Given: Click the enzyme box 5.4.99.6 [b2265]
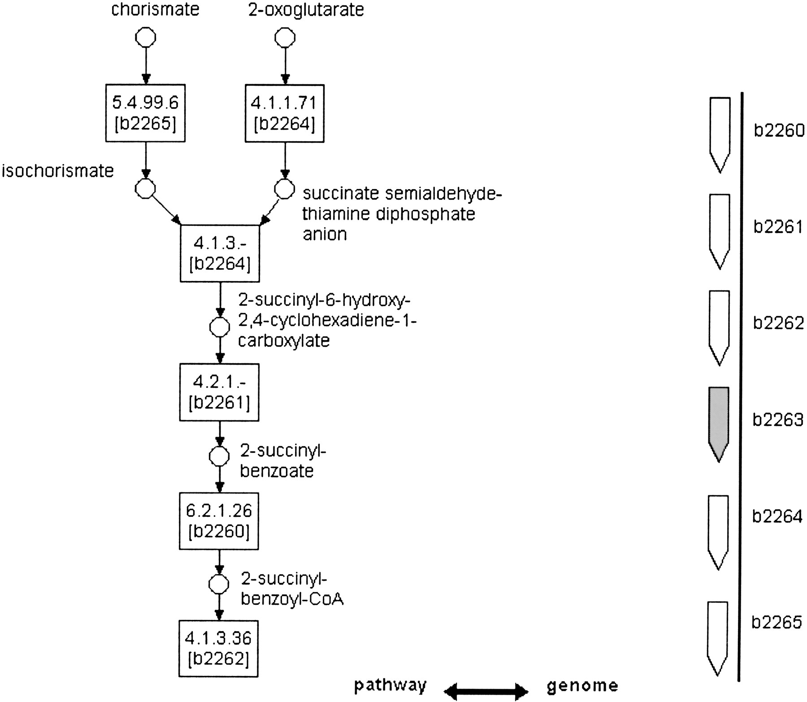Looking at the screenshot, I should click(x=145, y=113).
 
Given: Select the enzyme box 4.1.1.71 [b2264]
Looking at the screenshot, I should click(x=284, y=113).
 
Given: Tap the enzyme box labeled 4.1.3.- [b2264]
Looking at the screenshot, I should click(x=220, y=253).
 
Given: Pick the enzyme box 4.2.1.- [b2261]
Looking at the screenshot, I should click(x=219, y=392).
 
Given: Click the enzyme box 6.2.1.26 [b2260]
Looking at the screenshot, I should click(x=219, y=521).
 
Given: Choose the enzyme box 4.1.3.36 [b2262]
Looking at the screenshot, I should click(x=219, y=648).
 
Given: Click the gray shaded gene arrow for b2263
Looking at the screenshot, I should click(x=719, y=421).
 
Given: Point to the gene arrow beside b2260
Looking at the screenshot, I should click(x=720, y=132).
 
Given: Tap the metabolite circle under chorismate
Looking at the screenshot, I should click(x=146, y=37).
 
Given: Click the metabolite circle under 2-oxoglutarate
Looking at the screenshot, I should click(x=285, y=37).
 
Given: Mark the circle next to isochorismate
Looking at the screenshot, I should click(x=145, y=189).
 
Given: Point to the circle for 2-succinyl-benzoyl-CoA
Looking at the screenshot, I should click(x=219, y=584).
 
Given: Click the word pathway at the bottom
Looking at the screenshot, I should click(x=390, y=685).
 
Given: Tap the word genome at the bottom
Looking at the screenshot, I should click(x=582, y=685).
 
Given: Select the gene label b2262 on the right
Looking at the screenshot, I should click(x=778, y=323).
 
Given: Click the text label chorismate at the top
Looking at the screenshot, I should click(x=155, y=10).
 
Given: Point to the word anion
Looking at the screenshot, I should click(x=325, y=234).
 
